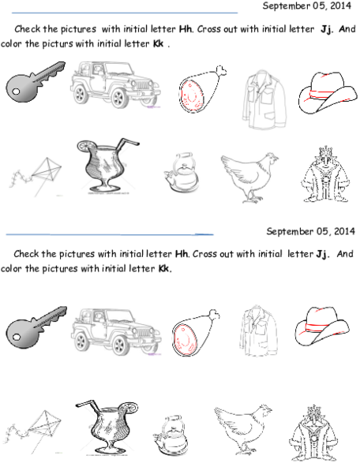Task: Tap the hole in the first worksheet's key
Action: (x=16, y=91)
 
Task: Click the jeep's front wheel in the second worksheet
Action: (x=119, y=345)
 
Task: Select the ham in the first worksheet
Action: (x=201, y=89)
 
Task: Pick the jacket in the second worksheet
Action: (x=259, y=330)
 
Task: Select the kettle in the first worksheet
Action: (x=182, y=173)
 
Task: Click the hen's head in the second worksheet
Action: (x=264, y=411)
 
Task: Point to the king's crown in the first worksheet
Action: (x=325, y=151)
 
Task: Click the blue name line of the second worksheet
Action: (x=110, y=235)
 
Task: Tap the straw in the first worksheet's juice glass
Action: (x=127, y=144)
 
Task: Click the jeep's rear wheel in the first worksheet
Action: (x=81, y=94)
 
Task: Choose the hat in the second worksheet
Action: (x=322, y=326)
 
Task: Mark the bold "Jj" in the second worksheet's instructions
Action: (x=322, y=254)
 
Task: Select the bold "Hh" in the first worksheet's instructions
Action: (x=186, y=29)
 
